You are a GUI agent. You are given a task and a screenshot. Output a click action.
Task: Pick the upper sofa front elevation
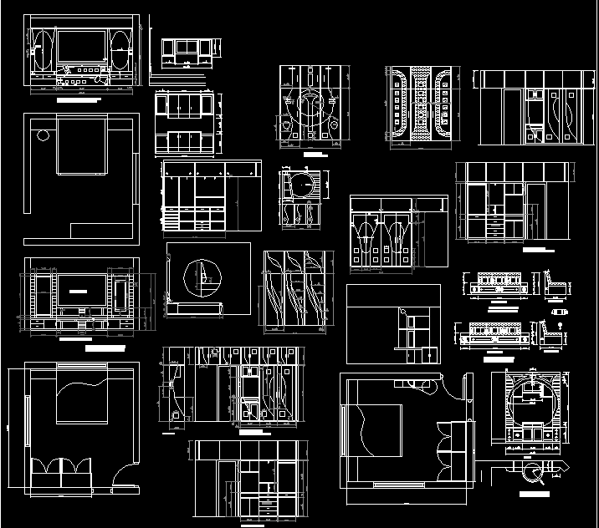click(494, 283)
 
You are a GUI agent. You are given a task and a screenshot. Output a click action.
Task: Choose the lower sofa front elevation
click(493, 333)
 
